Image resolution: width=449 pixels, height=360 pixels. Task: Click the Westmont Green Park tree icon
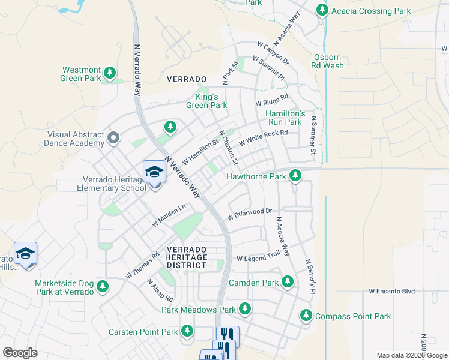tap(109, 73)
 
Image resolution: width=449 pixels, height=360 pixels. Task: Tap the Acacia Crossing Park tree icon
tap(322, 10)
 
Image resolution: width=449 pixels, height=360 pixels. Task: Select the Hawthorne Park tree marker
tap(295, 176)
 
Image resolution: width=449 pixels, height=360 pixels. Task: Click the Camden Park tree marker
tap(288, 281)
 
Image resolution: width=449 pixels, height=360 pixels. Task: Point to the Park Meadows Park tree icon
tap(244, 309)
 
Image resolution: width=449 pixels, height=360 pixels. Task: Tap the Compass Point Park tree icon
tap(306, 316)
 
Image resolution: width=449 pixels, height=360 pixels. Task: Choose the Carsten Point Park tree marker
tap(187, 331)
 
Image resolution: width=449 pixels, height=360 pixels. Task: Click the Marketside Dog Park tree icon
tap(103, 287)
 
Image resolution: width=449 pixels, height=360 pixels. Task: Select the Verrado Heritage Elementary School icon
tap(154, 173)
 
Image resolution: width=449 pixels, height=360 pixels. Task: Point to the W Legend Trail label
tap(258, 258)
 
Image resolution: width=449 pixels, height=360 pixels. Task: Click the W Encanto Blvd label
tap(391, 291)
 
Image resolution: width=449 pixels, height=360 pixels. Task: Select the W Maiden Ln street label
tap(169, 215)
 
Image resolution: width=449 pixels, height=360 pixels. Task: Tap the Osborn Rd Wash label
tap(328, 61)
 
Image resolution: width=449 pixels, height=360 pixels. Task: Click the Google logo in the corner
tap(20, 353)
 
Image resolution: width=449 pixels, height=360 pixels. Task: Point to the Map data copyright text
tap(411, 355)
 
